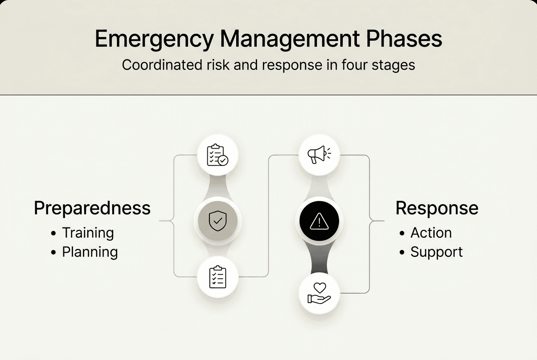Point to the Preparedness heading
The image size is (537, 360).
pyautogui.click(x=92, y=208)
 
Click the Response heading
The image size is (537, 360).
pyautogui.click(x=437, y=208)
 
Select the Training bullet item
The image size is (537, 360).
pyautogui.click(x=88, y=233)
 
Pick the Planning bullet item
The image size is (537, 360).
pyautogui.click(x=90, y=252)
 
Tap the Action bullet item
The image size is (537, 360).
pyautogui.click(x=431, y=233)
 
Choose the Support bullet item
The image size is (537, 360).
pyautogui.click(x=436, y=252)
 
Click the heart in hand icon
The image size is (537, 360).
pyautogui.click(x=319, y=293)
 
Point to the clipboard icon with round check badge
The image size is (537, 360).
pyautogui.click(x=218, y=155)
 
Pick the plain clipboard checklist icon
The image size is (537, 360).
pyautogui.click(x=218, y=277)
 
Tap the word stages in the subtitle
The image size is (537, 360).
pyautogui.click(x=394, y=65)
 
